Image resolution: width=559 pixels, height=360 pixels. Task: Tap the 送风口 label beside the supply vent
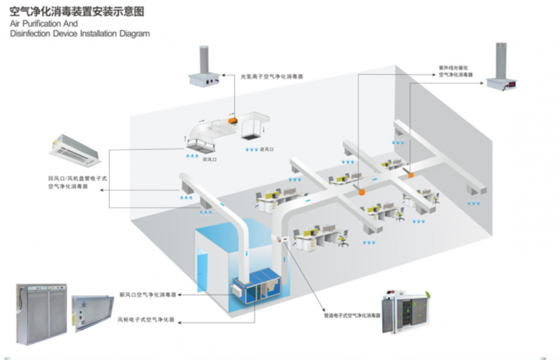tap(266, 149)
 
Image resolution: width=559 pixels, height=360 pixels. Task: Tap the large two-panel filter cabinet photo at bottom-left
tap(41, 313)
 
